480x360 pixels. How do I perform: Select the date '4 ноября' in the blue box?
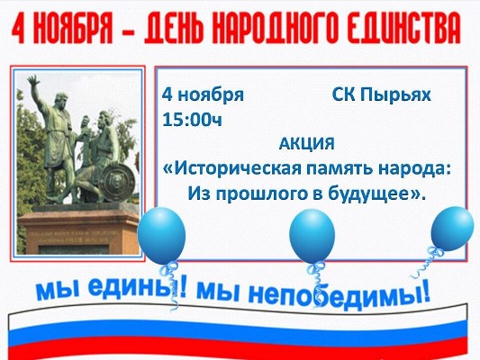(x=203, y=94)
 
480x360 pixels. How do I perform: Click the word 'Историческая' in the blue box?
(x=234, y=167)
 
